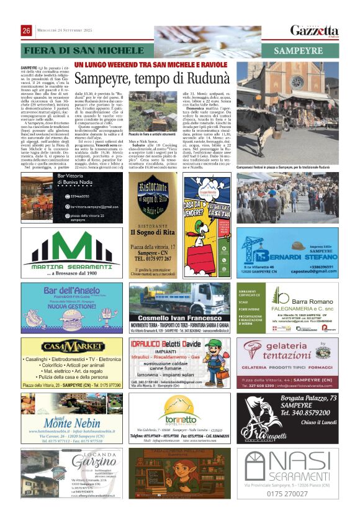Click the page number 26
(27, 31)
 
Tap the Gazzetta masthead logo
(315, 31)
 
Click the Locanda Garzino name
(94, 462)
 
